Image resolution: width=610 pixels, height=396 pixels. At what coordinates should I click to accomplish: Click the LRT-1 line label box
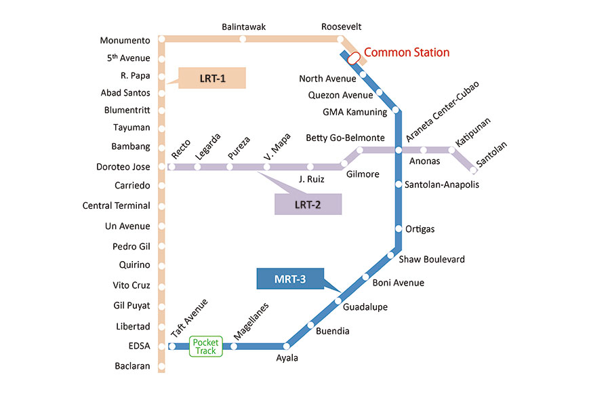[211, 78]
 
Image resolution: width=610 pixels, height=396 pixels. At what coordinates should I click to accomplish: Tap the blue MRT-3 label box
[290, 279]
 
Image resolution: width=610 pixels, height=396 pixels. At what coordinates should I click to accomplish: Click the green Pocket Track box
[205, 346]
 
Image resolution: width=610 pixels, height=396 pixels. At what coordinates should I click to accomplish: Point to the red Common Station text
[407, 52]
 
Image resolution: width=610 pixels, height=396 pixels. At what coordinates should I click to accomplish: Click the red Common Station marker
[353, 58]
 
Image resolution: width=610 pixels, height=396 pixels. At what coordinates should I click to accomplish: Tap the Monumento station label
[125, 41]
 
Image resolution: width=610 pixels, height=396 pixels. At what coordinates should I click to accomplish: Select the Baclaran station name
[132, 367]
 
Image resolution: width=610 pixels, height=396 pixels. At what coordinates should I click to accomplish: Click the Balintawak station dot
[243, 39]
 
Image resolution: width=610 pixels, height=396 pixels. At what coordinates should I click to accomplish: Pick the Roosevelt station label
[342, 27]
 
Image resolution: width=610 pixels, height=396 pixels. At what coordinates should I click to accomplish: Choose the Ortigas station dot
[399, 229]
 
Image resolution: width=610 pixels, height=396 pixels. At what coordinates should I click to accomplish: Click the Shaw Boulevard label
[432, 260]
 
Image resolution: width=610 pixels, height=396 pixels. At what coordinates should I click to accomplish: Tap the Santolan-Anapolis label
[441, 184]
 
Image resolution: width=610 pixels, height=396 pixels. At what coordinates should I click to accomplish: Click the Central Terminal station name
[116, 205]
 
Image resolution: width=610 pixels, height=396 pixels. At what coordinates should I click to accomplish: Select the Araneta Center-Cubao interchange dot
[399, 150]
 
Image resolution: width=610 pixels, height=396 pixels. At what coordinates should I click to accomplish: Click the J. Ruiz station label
[312, 180]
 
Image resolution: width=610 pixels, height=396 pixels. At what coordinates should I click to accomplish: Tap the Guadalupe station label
[365, 307]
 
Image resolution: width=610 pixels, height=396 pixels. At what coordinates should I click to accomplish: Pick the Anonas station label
[425, 161]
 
